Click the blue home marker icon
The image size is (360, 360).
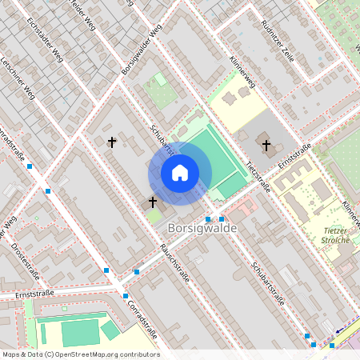pyautogui.click(x=179, y=173)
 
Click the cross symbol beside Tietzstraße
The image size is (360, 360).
pyautogui.click(x=267, y=146)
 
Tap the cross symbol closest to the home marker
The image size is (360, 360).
pyautogui.click(x=153, y=202)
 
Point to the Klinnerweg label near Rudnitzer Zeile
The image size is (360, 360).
pyautogui.click(x=242, y=71)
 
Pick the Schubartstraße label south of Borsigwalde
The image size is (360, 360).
pyautogui.click(x=267, y=285)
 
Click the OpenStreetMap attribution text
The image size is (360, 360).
pyautogui.click(x=80, y=354)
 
